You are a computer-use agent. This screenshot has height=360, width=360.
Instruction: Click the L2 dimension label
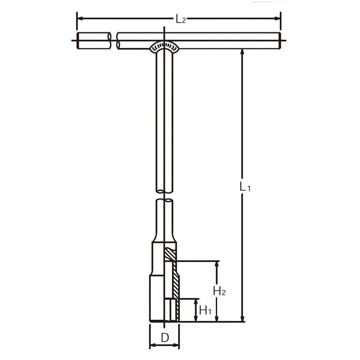tap(181, 19)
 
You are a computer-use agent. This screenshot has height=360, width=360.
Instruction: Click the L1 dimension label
tap(245, 186)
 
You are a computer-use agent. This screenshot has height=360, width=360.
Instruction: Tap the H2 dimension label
tap(219, 291)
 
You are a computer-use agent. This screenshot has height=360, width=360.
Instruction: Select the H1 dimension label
tap(205, 310)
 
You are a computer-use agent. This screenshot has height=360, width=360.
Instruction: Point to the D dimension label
tap(165, 338)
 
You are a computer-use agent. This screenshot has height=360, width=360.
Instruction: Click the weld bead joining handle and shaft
tap(165, 46)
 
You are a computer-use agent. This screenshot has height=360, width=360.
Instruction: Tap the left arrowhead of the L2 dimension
tap(80, 18)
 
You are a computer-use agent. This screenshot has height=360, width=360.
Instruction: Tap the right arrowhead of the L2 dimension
tap(277, 18)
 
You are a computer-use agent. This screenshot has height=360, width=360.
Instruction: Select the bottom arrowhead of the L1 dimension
tap(242, 318)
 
